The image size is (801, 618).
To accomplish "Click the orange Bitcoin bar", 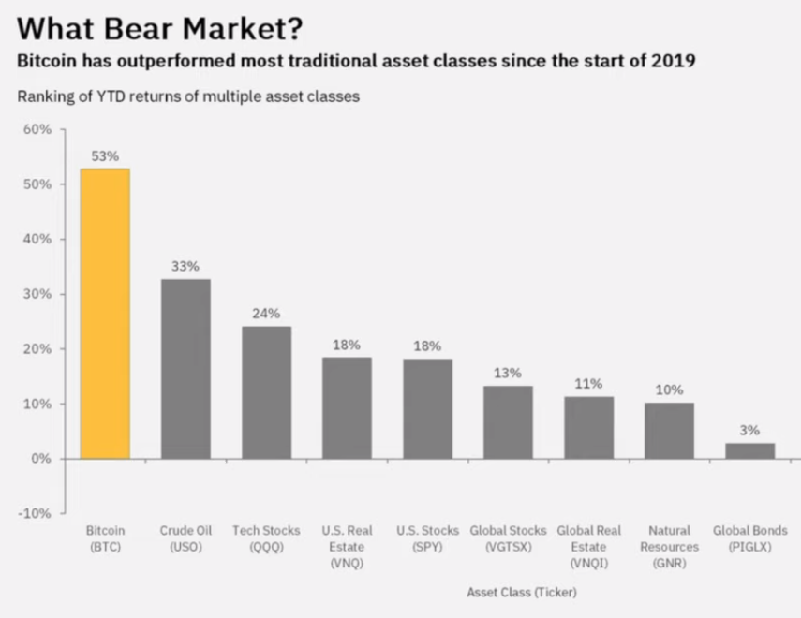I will pos(106,314).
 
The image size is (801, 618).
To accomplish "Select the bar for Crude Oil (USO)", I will pos(186,369).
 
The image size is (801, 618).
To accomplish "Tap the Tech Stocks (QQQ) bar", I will pos(267,392).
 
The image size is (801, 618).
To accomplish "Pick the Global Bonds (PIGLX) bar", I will pos(750,450).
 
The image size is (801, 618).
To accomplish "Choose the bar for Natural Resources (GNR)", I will pos(670,431).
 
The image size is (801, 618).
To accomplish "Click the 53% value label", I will pos(105,156).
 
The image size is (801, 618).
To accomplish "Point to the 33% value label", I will pos(185,266).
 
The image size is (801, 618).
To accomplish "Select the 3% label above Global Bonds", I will pos(750,430).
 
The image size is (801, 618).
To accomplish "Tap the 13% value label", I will pos(508,373).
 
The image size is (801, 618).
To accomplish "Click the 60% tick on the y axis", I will pos(37,129).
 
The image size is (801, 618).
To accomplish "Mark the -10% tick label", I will pos(35,514).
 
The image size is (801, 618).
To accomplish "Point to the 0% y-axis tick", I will pos(42,459).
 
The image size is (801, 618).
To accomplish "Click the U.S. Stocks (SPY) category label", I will pos(427,538).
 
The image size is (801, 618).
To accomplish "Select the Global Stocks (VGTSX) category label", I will pos(508,538).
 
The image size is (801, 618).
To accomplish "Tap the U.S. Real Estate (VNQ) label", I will pos(347,547).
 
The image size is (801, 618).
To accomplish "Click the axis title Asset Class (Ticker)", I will pos(522,592).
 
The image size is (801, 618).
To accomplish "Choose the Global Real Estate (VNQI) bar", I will pos(588,428).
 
